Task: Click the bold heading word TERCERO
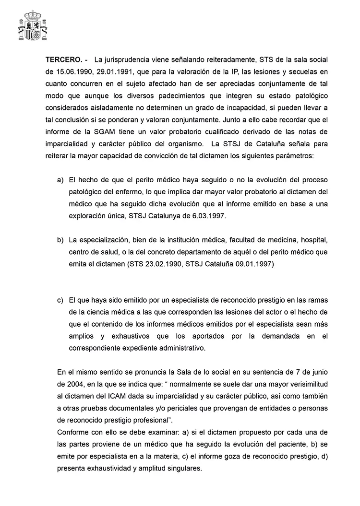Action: pyautogui.click(x=63, y=61)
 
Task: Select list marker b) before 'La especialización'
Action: pyautogui.click(x=60, y=238)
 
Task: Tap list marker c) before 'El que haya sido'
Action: pyautogui.click(x=60, y=300)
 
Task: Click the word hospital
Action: pyautogui.click(x=316, y=238)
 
